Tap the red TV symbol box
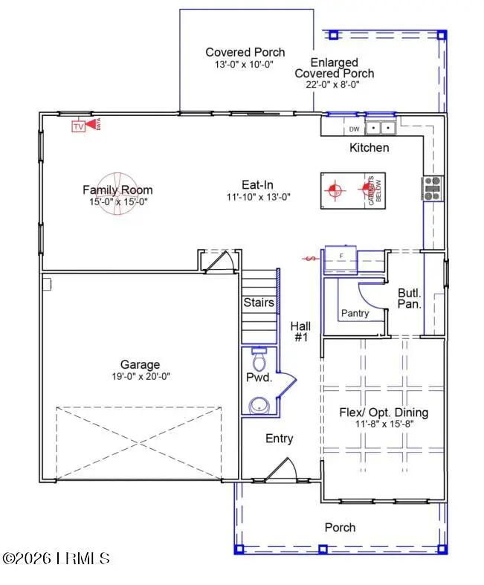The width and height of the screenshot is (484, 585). [78, 126]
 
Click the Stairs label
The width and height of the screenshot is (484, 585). [259, 303]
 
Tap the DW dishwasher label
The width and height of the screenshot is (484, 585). [354, 129]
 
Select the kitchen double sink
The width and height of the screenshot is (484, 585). [381, 128]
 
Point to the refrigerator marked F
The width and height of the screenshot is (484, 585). [341, 256]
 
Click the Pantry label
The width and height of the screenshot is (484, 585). [355, 313]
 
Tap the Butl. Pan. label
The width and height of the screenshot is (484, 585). [410, 298]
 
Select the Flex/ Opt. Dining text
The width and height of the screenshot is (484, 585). [384, 413]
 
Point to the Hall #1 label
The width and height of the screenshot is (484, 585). [300, 332]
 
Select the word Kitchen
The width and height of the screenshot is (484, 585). [369, 147]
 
